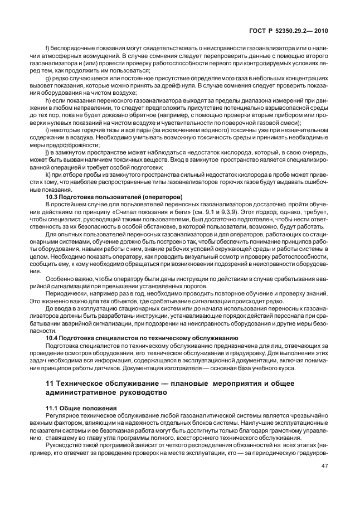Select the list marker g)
pos(47,78)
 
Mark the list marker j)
pos(47,153)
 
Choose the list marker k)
pos(47,173)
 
